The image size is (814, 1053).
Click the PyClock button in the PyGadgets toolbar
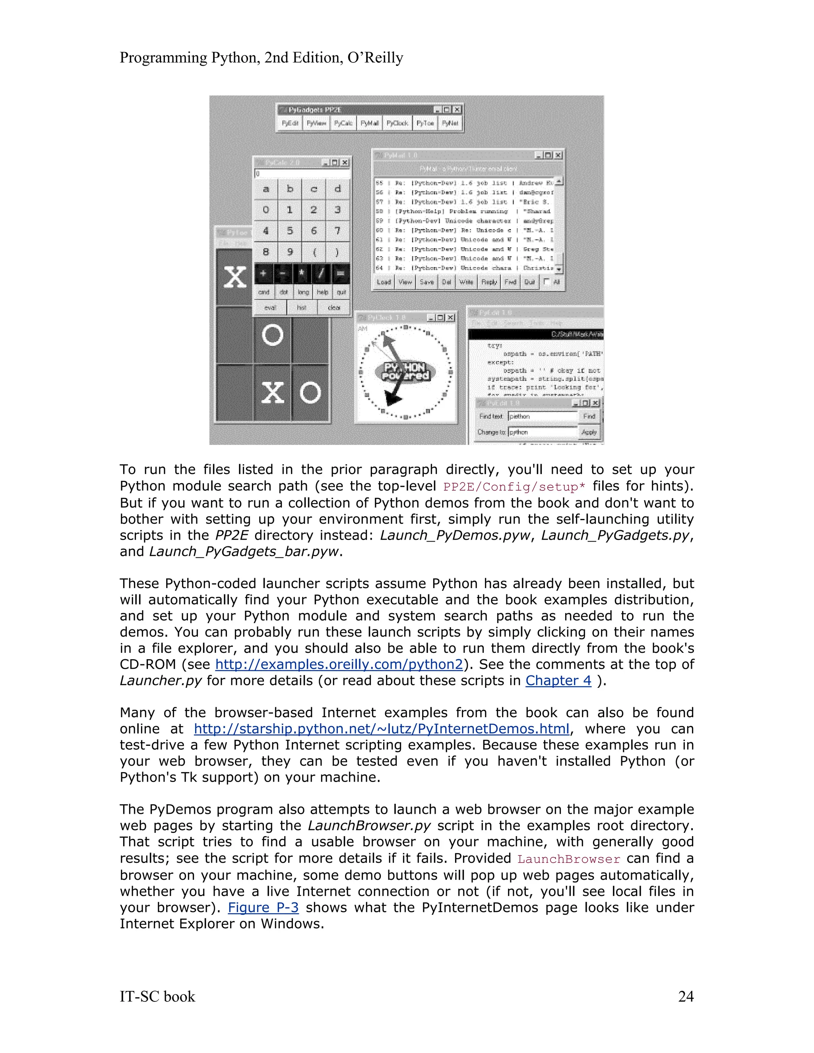coord(397,124)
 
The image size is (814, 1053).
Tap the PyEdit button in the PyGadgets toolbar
coord(290,124)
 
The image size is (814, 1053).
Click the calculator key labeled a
coord(266,189)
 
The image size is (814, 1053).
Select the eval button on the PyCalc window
coord(270,307)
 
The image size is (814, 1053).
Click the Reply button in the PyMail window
coord(488,282)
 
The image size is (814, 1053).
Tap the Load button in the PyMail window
coord(384,282)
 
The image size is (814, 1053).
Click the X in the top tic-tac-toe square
coord(235,277)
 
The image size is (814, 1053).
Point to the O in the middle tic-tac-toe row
coord(272,335)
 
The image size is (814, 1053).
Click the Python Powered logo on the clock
coord(405,372)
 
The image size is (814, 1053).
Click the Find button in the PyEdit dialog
coord(589,416)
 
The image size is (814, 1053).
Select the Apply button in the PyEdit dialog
coord(589,432)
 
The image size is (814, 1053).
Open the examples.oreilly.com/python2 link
coord(339,664)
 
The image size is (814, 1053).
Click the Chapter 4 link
coord(558,680)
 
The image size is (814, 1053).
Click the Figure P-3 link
coord(263,908)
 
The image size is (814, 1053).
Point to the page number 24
coord(685,996)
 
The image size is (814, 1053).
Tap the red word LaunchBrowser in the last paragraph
coord(568,859)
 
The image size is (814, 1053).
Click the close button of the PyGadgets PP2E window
coord(457,110)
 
